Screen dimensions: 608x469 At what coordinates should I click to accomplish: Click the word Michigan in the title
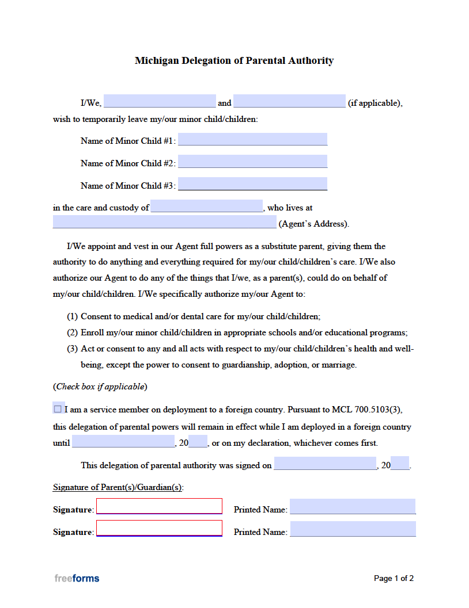[x=157, y=60]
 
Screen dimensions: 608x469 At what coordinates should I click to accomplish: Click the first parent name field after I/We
[x=160, y=102]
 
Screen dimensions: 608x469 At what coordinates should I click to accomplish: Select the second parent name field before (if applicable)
[x=289, y=102]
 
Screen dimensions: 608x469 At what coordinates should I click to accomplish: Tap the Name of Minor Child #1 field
[x=252, y=139]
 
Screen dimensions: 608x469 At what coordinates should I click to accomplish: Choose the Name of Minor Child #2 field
[x=252, y=162]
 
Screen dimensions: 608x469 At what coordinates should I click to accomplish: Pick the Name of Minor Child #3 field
[x=252, y=184]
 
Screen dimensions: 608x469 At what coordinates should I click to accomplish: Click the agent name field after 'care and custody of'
[x=206, y=207]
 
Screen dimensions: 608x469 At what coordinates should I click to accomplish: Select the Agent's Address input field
[x=164, y=223]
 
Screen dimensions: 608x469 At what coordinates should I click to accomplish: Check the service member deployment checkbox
[x=58, y=409]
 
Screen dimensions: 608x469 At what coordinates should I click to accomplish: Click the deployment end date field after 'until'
[x=123, y=442]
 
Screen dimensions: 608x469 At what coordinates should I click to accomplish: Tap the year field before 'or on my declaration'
[x=198, y=442]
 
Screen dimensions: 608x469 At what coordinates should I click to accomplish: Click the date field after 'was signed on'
[x=325, y=464]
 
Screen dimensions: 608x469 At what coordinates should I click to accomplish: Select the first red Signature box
[x=159, y=506]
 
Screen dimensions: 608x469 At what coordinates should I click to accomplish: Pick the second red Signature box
[x=159, y=528]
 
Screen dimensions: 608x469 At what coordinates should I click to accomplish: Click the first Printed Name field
[x=353, y=507]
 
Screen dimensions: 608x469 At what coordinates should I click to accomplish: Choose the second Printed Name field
[x=353, y=529]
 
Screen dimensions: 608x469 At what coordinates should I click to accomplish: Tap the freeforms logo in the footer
[x=77, y=578]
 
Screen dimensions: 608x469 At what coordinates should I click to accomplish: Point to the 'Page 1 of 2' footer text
[x=394, y=578]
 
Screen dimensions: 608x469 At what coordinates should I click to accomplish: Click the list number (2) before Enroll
[x=72, y=332]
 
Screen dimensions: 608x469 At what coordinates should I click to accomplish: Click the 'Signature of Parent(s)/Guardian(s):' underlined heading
[x=118, y=487]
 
